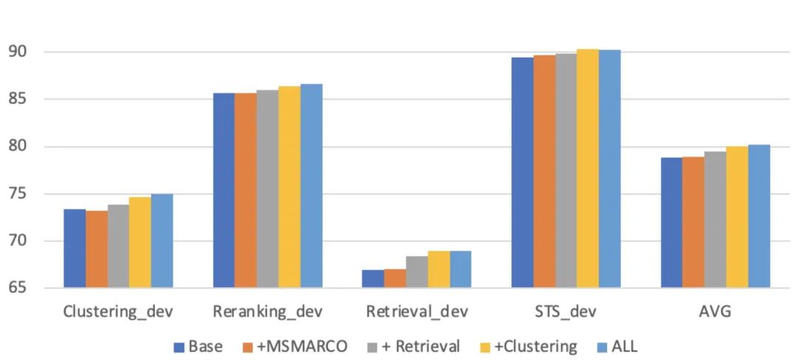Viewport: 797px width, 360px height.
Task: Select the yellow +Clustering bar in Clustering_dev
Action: point(140,243)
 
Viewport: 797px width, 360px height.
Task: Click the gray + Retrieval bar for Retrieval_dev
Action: point(417,272)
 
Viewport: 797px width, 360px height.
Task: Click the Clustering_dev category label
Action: point(119,311)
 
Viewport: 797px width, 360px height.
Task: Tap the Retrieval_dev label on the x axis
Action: point(418,311)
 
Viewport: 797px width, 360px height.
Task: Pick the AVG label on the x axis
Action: point(715,311)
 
